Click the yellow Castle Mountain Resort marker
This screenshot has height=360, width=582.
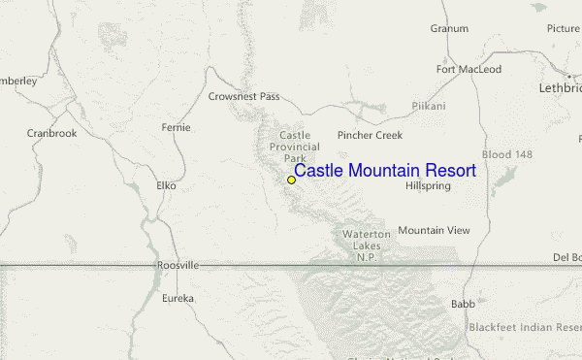tap(291, 180)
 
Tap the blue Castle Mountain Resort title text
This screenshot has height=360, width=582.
tap(385, 171)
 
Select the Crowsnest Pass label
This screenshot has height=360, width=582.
tap(243, 97)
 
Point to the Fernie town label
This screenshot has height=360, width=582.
tap(177, 128)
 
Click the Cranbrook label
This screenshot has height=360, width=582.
tap(51, 133)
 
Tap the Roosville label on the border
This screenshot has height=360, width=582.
tap(178, 265)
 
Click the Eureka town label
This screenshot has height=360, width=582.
tap(178, 298)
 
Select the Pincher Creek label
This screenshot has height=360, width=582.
tap(370, 136)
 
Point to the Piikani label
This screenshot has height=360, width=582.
tap(429, 105)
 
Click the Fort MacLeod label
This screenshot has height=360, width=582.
tap(469, 70)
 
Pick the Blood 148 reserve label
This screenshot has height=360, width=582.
tap(508, 155)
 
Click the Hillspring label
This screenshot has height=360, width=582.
tap(428, 185)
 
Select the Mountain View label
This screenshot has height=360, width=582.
tap(434, 230)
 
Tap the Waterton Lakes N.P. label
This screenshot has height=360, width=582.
tap(366, 245)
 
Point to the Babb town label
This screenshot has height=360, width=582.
tap(463, 304)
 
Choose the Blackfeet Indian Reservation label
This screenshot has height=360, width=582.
tap(525, 328)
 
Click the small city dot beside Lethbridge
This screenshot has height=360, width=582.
tap(569, 76)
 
